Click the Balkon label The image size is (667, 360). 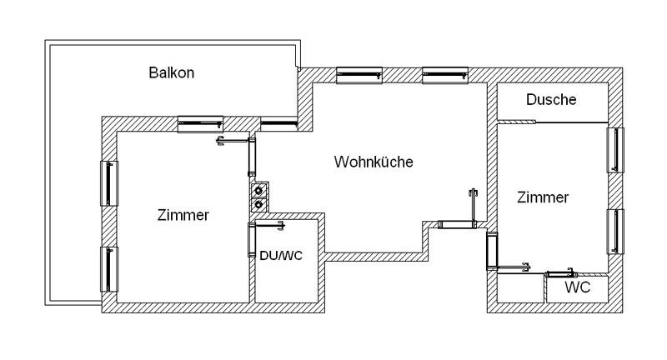(x=172, y=72)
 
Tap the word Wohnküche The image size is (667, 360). (x=374, y=162)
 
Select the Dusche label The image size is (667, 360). (x=551, y=100)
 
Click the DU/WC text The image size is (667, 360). (x=280, y=255)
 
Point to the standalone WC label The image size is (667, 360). (x=578, y=288)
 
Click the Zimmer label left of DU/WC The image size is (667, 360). (x=183, y=215)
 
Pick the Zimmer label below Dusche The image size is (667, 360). (x=543, y=197)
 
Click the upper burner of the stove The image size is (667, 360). (x=259, y=189)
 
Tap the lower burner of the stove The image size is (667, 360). (x=259, y=203)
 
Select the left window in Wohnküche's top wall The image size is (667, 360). (x=359, y=76)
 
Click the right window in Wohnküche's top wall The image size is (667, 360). (x=446, y=76)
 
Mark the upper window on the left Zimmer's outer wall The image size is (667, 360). (x=109, y=182)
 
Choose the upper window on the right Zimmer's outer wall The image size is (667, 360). (x=615, y=151)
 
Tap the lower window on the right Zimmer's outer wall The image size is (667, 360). (x=615, y=232)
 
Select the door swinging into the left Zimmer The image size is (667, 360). (x=234, y=141)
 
